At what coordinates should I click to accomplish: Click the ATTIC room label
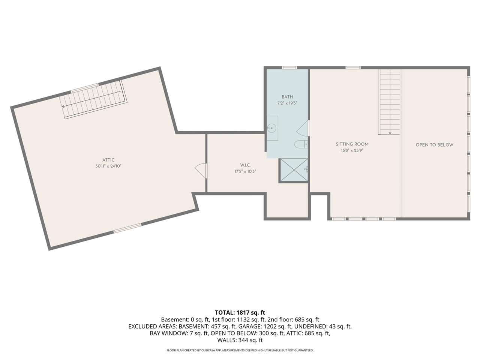click(x=108, y=160)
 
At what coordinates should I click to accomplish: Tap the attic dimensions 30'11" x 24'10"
click(x=108, y=166)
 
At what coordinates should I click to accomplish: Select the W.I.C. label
click(x=245, y=165)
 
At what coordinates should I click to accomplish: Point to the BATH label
click(x=287, y=97)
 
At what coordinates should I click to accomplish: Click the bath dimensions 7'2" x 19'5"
click(x=287, y=103)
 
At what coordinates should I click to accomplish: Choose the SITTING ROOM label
click(x=352, y=144)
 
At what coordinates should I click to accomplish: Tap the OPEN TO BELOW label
click(x=434, y=145)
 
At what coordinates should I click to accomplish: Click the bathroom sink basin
click(x=272, y=128)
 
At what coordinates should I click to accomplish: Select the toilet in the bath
click(x=301, y=144)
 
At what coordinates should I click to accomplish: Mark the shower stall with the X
click(x=294, y=170)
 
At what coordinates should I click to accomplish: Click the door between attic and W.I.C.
click(x=201, y=171)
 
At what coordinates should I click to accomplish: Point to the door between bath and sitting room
click(x=303, y=128)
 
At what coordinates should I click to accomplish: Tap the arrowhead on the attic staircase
click(x=63, y=106)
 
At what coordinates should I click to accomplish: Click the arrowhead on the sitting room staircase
click(x=390, y=133)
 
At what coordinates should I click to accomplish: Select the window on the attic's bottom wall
click(x=127, y=228)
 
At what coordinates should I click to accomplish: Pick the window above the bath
click(x=289, y=68)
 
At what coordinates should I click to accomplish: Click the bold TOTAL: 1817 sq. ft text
click(x=240, y=313)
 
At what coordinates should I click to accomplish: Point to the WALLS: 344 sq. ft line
click(x=240, y=340)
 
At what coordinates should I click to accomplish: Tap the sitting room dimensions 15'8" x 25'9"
click(x=352, y=150)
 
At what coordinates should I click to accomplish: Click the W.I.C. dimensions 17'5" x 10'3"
click(x=245, y=171)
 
